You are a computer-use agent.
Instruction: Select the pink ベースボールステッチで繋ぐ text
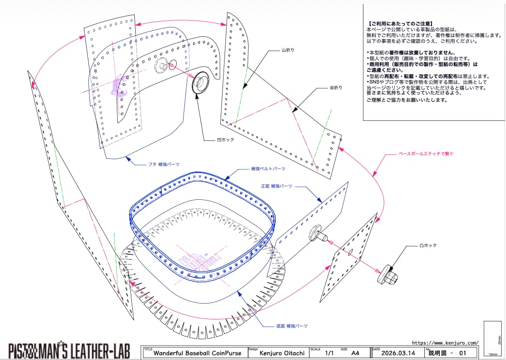point(426,153)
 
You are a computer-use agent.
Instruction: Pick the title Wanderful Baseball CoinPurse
point(197,353)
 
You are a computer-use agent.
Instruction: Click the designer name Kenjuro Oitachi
point(282,353)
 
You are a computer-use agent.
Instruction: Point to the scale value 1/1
point(330,353)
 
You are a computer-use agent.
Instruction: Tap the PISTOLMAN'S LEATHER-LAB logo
point(69,350)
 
